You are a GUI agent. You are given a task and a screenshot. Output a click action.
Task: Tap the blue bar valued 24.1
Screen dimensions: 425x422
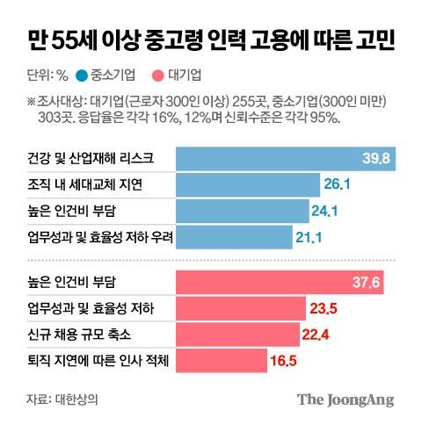click(244, 211)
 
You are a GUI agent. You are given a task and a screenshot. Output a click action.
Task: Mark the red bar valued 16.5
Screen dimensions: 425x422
click(222, 360)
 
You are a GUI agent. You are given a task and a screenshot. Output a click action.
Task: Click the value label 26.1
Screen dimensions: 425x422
click(338, 184)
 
